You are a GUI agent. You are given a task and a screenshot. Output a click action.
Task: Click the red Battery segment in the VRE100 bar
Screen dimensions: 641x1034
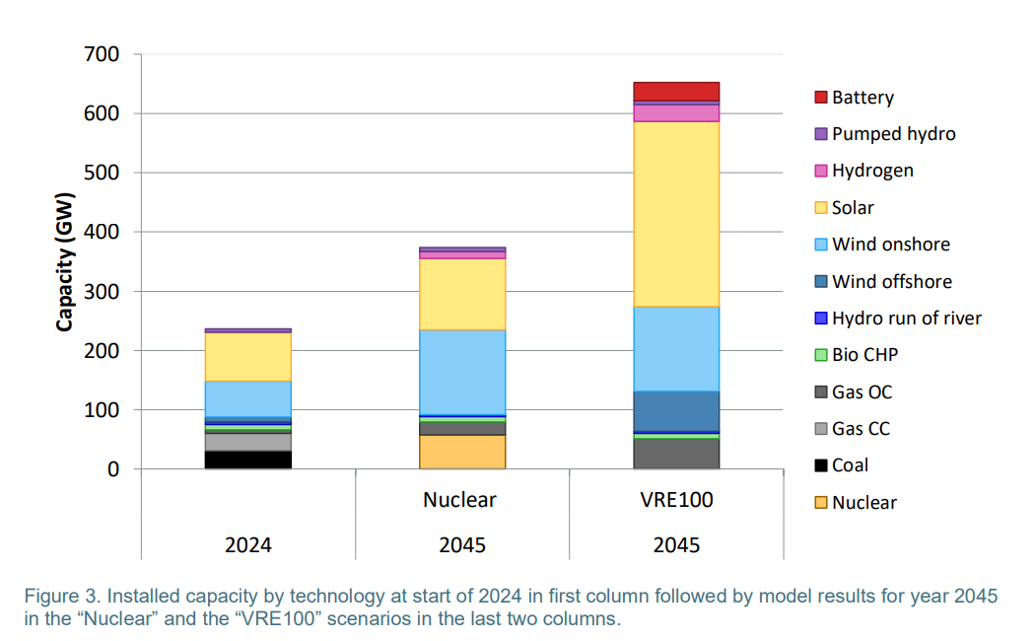click(x=676, y=91)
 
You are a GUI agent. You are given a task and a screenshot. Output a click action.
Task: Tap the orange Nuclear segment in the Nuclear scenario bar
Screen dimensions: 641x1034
click(x=463, y=452)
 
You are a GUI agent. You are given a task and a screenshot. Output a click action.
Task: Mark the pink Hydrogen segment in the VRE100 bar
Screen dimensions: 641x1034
click(x=676, y=112)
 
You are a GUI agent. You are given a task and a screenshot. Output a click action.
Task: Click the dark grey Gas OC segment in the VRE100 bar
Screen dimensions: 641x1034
click(x=676, y=454)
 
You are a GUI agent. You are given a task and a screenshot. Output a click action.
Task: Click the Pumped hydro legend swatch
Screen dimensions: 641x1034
click(x=820, y=134)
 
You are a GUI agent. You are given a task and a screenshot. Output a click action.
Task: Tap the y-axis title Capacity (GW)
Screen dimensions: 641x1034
click(x=65, y=261)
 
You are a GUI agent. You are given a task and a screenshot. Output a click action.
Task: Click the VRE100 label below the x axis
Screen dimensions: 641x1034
click(x=676, y=500)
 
